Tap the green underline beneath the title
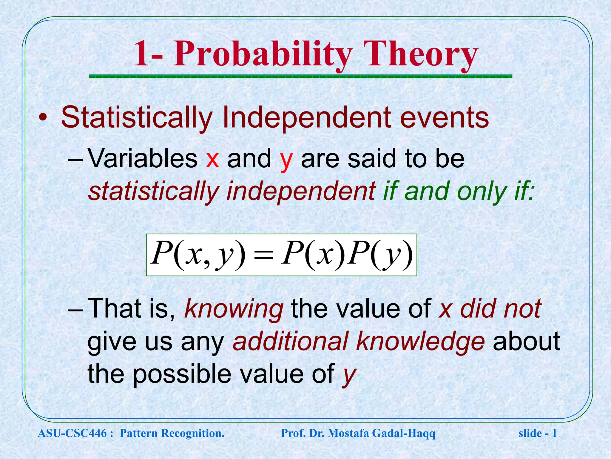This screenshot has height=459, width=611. click(x=300, y=77)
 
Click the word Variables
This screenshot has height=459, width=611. click(x=143, y=158)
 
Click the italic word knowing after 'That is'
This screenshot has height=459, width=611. click(x=234, y=309)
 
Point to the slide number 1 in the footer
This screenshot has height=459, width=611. click(x=554, y=433)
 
